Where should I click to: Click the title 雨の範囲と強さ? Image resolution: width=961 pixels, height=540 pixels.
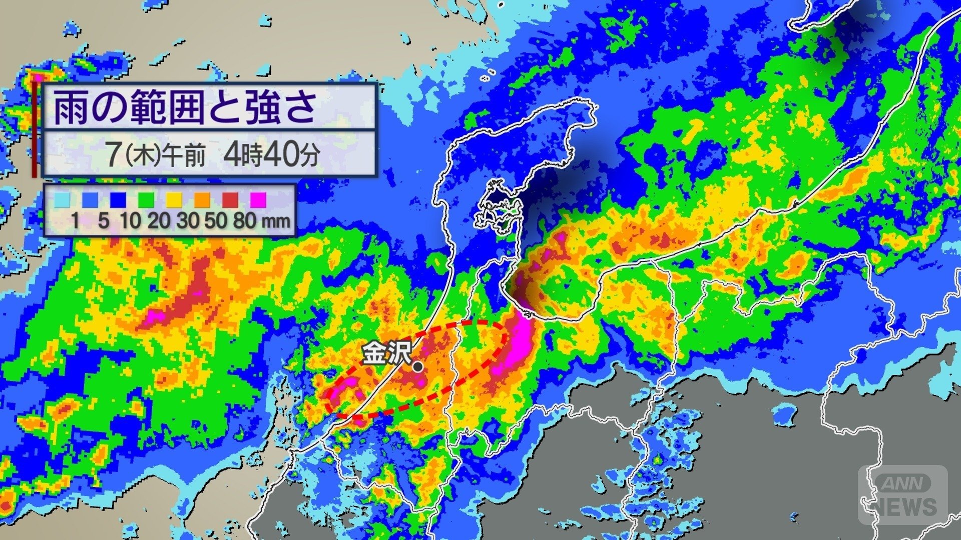[185, 107]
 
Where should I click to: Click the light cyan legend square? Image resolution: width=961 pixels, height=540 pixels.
[62, 199]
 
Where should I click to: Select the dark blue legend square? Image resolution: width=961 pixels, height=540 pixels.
[117, 199]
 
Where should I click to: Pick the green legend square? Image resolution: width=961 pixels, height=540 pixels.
[145, 199]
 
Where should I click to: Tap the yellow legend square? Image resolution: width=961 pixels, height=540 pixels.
[174, 199]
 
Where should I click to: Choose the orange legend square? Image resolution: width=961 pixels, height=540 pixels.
[202, 199]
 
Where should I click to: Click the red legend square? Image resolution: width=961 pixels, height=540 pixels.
[230, 199]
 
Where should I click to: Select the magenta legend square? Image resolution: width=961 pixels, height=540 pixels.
[258, 199]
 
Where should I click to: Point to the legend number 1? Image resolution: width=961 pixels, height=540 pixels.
[75, 220]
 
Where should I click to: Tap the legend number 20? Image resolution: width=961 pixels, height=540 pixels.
[159, 220]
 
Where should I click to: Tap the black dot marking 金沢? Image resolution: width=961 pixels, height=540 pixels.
[418, 367]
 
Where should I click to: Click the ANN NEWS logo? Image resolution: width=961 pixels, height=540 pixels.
[903, 495]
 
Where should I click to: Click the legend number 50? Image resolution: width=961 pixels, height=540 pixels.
[216, 220]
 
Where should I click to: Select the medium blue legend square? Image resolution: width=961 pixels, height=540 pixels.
[90, 199]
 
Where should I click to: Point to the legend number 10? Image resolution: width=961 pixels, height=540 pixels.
[131, 220]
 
